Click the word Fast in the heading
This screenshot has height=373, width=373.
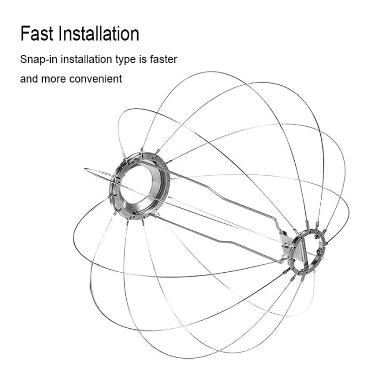(x=37, y=34)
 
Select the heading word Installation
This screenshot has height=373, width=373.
(x=99, y=34)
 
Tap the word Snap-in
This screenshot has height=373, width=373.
(x=39, y=60)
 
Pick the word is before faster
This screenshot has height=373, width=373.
(x=143, y=59)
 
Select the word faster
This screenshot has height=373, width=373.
(x=164, y=59)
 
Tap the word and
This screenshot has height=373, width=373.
(x=29, y=79)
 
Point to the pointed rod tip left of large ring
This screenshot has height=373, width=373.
(x=85, y=169)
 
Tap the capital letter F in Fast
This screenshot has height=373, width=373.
(x=25, y=34)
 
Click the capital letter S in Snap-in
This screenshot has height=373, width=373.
(x=23, y=59)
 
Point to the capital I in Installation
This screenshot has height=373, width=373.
(x=60, y=34)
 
